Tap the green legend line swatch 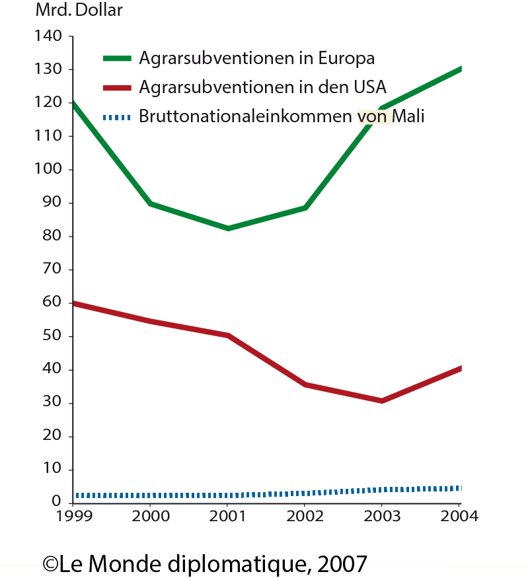click(118, 58)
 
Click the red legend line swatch click(118, 87)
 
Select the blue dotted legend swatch click(118, 118)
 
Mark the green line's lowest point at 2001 click(228, 228)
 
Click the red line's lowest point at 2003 click(381, 400)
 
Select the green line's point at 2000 click(151, 203)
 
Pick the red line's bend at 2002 click(305, 384)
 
